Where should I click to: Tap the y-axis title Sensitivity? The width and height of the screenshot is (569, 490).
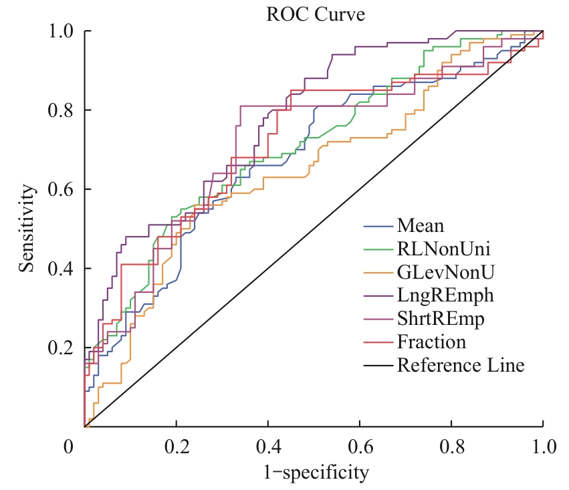27,229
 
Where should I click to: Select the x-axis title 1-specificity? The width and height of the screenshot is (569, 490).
314,474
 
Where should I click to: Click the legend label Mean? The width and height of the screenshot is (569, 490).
420,225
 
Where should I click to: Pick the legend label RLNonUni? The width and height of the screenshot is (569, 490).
443,249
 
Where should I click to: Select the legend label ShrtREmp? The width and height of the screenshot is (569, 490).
441,319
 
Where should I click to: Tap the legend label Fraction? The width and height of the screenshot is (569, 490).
431,342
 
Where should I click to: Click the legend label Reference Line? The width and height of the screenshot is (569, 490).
461,366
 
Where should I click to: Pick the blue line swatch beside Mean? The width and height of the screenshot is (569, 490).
377,225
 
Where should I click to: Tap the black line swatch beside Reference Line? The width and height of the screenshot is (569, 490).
377,366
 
